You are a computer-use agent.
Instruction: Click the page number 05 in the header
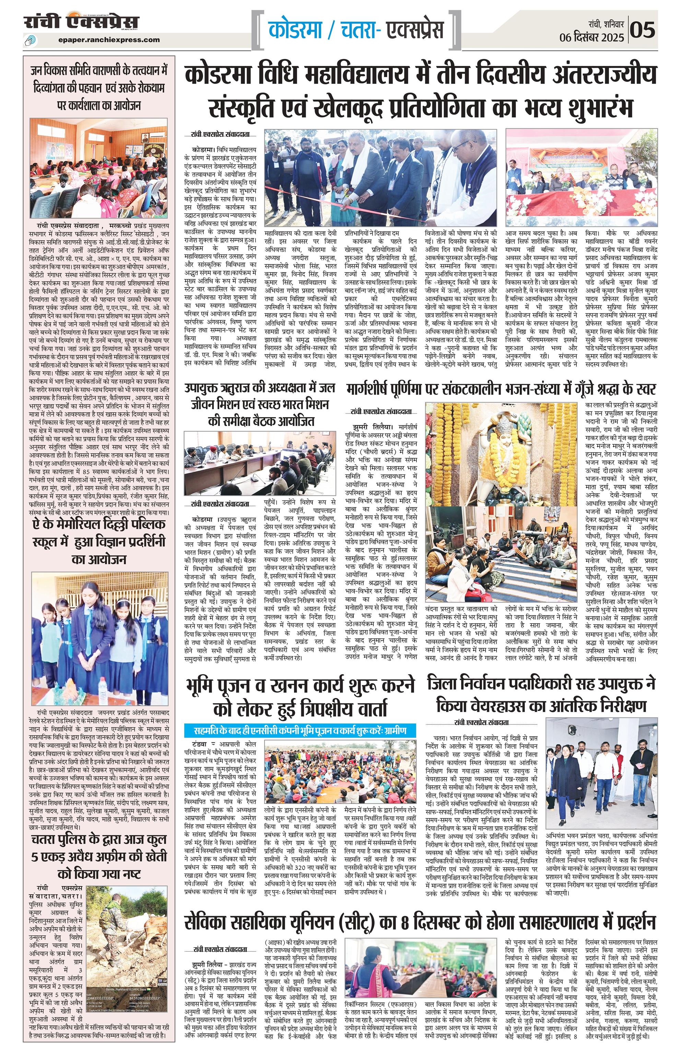pos(643,30)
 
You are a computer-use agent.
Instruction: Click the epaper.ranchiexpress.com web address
pos(109,39)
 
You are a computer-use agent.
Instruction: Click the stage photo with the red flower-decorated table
pos(581,179)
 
